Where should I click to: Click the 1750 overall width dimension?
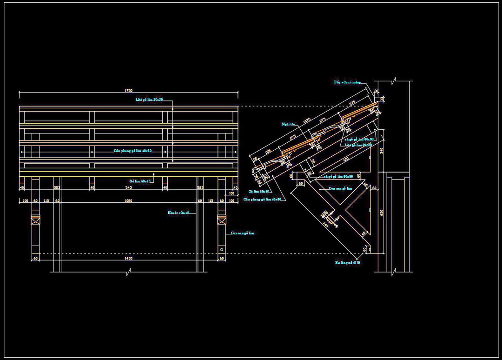[x=129, y=91]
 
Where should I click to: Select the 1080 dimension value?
[x=129, y=200]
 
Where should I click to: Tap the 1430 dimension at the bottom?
[x=129, y=258]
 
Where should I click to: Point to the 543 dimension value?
[x=129, y=187]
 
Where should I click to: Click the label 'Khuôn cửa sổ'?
[x=178, y=213]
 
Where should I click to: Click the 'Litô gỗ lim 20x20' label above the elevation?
[x=149, y=100]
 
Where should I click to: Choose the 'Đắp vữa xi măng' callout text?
[x=347, y=82]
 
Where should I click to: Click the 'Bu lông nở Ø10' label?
[x=348, y=263]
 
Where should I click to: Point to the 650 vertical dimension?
[x=382, y=212]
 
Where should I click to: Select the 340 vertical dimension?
[x=382, y=150]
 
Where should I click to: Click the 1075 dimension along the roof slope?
[x=307, y=120]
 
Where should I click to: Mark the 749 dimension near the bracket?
[x=325, y=225]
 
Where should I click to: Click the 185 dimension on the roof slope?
[x=268, y=152]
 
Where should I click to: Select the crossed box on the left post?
[x=35, y=219]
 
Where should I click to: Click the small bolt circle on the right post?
[x=222, y=249]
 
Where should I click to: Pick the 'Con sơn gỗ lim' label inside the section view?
[x=340, y=188]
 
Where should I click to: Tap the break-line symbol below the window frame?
[x=129, y=272]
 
